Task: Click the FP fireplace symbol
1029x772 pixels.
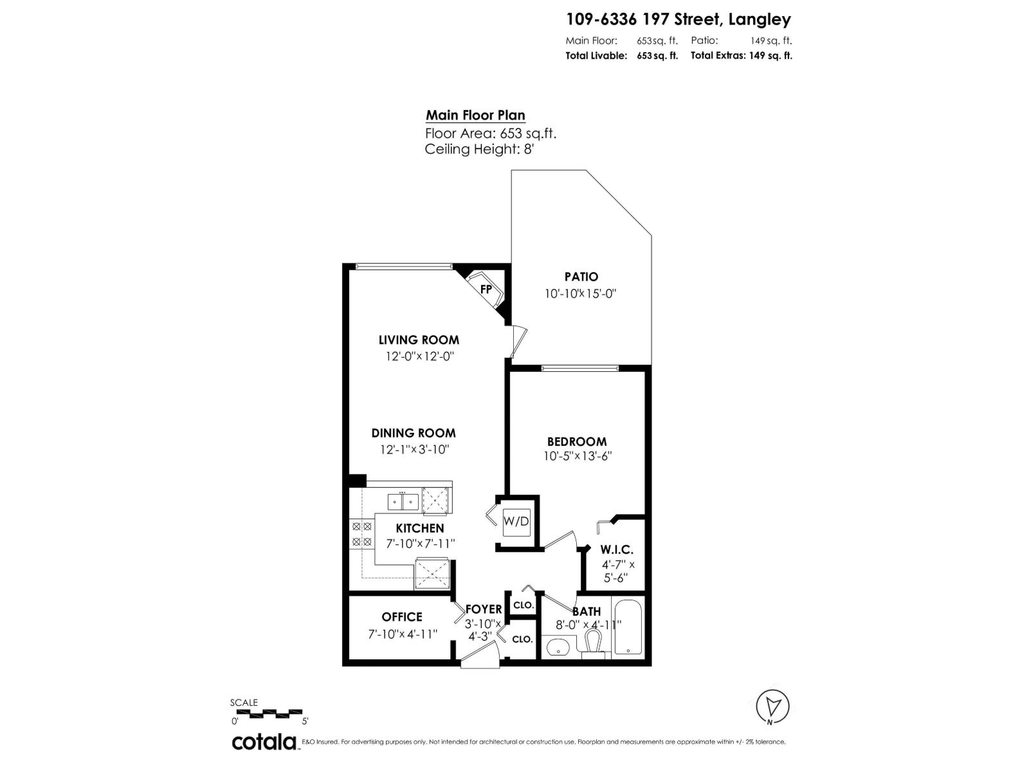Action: point(486,289)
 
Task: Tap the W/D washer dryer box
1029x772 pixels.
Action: point(516,521)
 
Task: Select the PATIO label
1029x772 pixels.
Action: point(581,277)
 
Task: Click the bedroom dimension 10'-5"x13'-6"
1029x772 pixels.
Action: point(577,456)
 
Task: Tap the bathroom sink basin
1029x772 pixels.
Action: point(558,647)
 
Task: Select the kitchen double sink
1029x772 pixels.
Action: point(403,501)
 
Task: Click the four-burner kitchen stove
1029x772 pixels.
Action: point(361,535)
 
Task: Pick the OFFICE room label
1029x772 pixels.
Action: point(402,617)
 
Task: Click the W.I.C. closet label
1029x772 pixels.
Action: point(617,550)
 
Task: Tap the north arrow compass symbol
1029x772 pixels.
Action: point(772,705)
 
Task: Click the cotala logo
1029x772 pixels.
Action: point(264,742)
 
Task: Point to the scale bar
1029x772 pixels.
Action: point(267,712)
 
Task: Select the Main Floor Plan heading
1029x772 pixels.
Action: point(475,116)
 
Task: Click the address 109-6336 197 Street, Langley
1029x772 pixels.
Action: point(678,20)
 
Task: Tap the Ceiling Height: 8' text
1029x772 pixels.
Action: point(479,149)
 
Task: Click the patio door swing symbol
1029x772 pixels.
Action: point(518,341)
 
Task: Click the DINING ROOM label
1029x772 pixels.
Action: point(414,433)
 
